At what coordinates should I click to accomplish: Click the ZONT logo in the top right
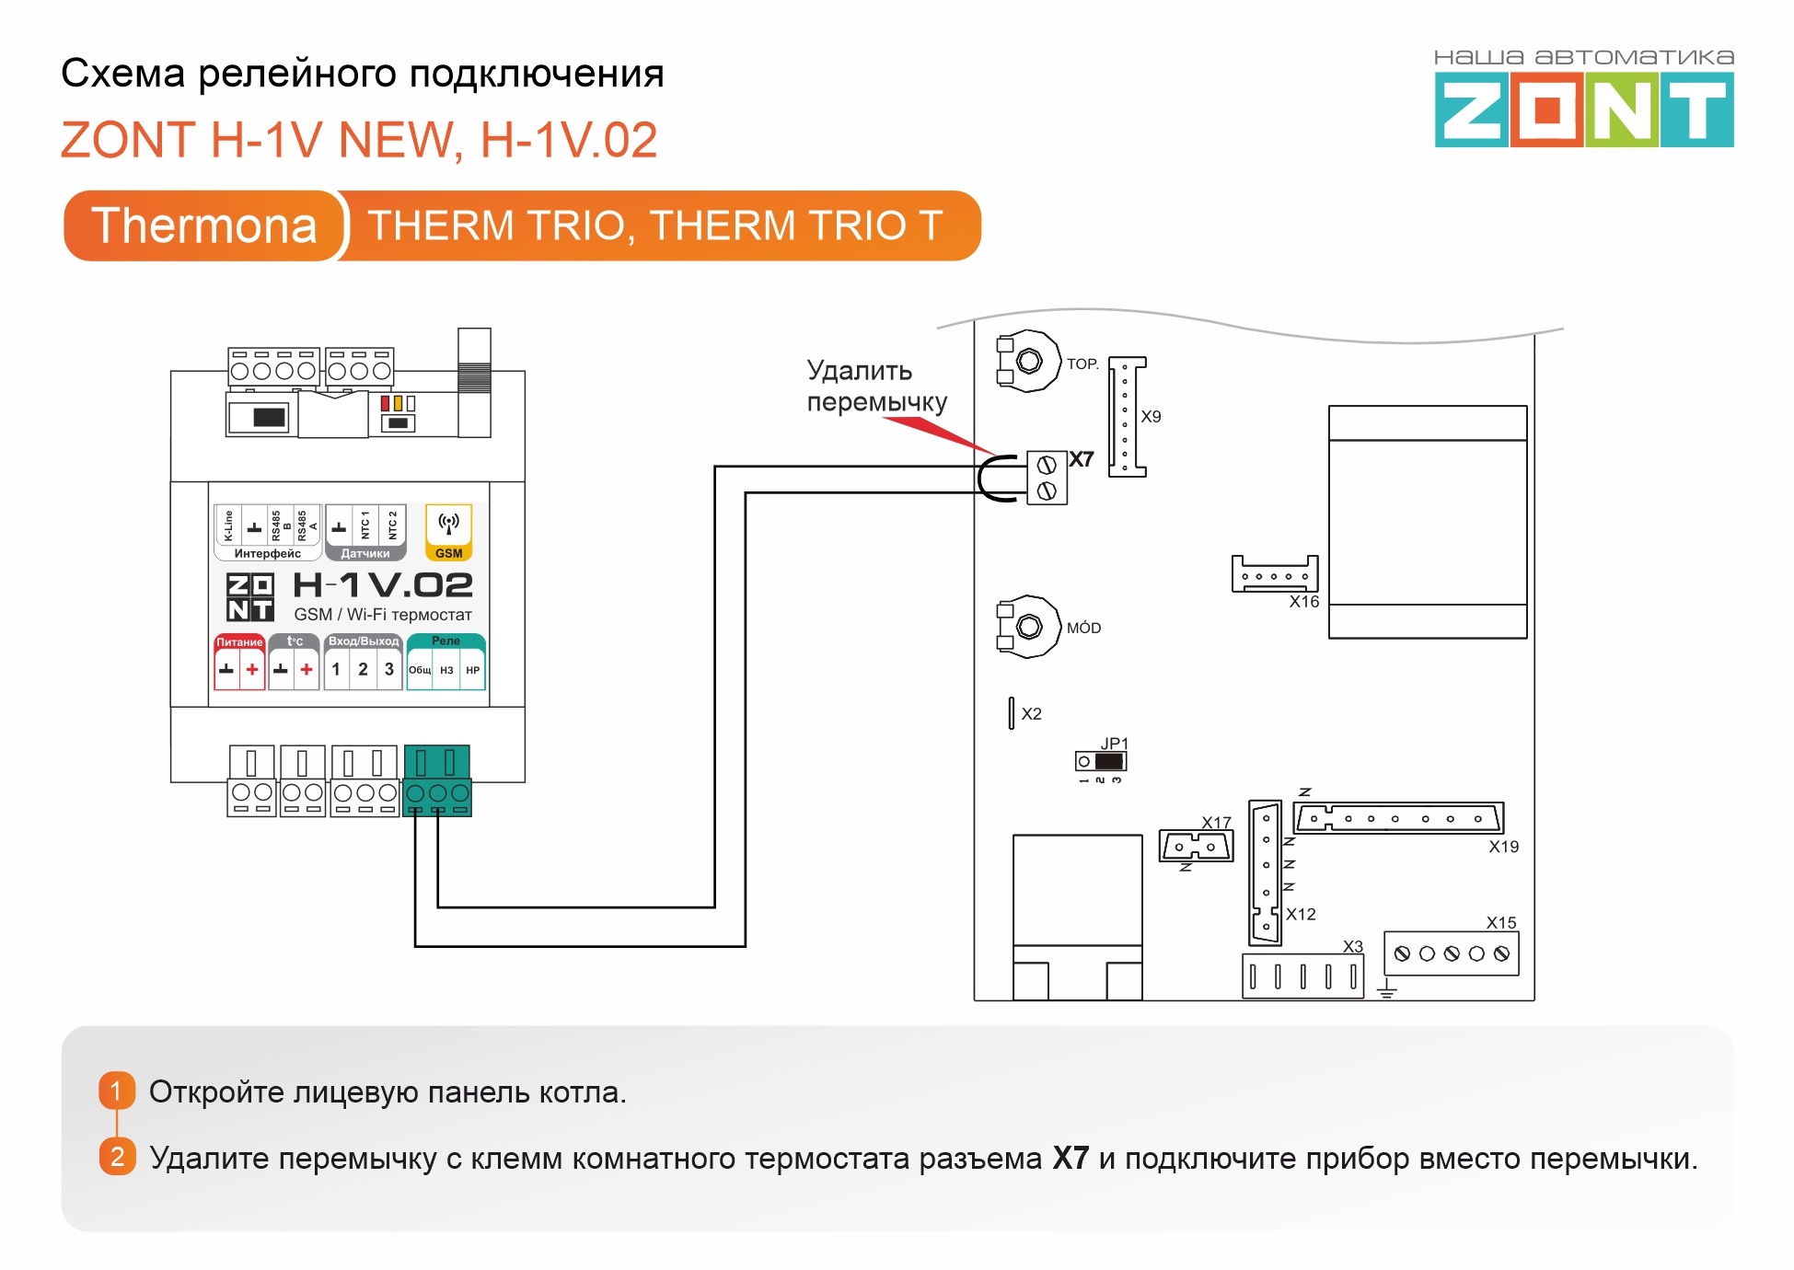[x=1583, y=98]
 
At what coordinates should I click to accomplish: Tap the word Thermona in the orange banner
[x=204, y=225]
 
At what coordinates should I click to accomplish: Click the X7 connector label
[x=1082, y=459]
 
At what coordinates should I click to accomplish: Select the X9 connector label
[x=1151, y=417]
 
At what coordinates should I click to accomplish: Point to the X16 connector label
[x=1303, y=602]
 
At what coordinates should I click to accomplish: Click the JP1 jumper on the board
[x=1101, y=761]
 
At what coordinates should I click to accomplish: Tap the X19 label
[x=1503, y=847]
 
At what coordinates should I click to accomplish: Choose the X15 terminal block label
[x=1501, y=922]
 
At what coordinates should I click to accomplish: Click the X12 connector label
[x=1301, y=914]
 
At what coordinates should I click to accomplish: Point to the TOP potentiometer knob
[x=1029, y=361]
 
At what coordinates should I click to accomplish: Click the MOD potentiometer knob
[x=1029, y=627]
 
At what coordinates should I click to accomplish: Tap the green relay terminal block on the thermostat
[x=437, y=780]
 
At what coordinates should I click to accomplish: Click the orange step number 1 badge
[x=117, y=1091]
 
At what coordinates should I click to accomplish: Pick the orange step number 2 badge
[x=117, y=1157]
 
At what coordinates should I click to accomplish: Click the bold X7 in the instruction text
[x=1071, y=1158]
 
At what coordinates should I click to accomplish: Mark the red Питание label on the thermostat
[x=239, y=642]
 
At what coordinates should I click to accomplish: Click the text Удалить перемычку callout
[x=876, y=387]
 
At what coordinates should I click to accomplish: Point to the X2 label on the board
[x=1031, y=714]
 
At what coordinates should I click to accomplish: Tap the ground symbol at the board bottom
[x=1387, y=989]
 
